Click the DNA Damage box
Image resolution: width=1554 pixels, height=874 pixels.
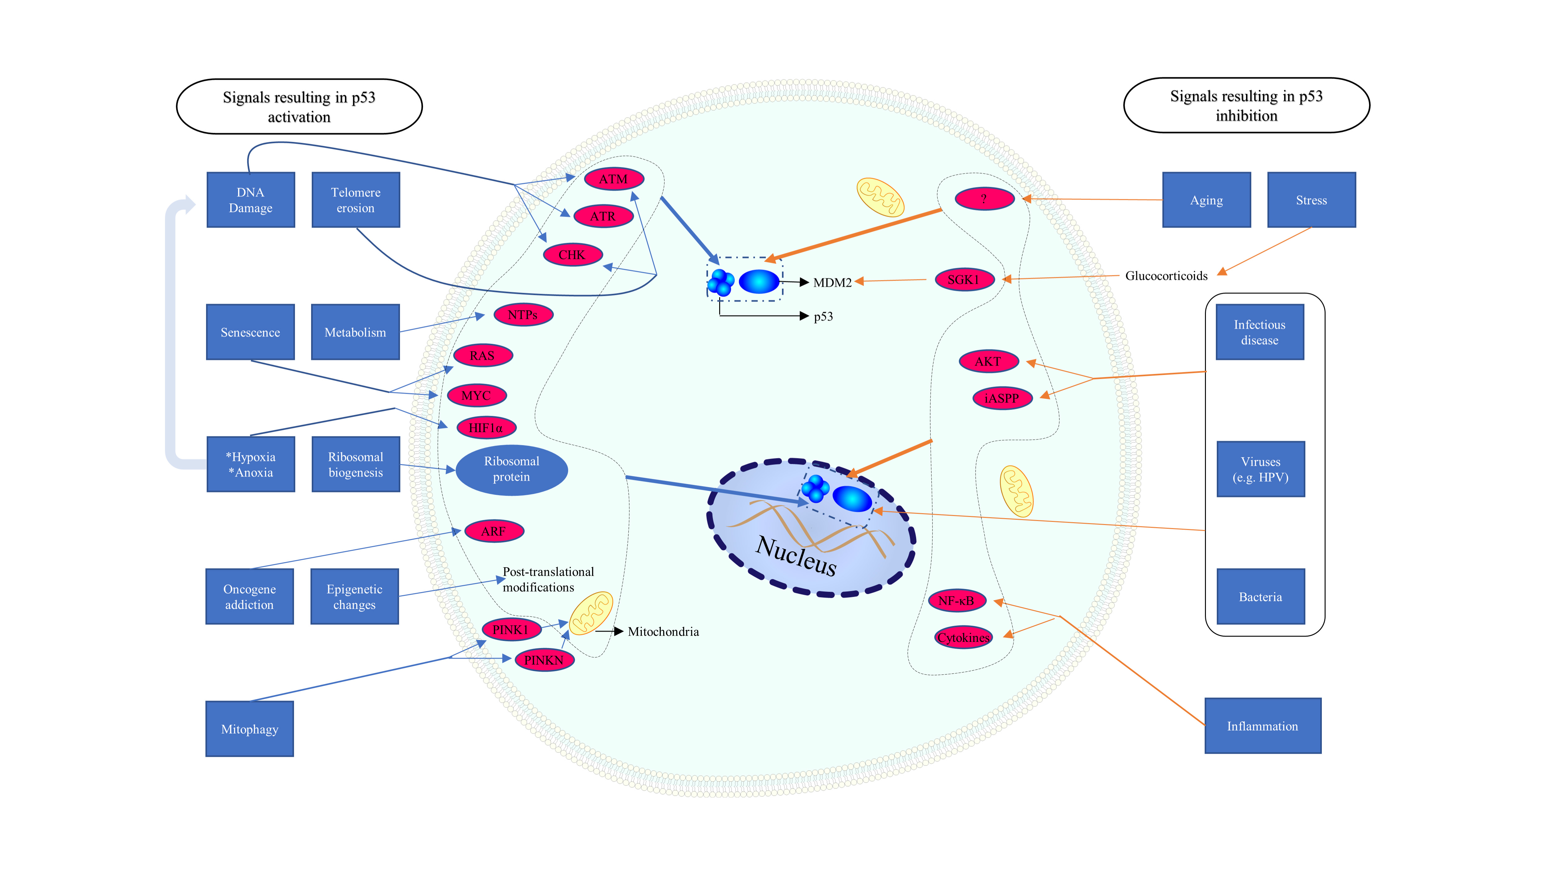(251, 200)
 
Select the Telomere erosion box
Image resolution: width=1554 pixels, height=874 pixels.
(355, 200)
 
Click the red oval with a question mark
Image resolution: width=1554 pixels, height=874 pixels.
(984, 198)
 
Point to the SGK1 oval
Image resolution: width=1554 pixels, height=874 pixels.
(963, 280)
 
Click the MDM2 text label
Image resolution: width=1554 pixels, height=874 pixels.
(832, 282)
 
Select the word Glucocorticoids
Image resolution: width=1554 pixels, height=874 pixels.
(1166, 276)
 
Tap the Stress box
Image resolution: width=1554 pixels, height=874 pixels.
(1311, 200)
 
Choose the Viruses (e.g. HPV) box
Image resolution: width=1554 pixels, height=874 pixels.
(1260, 469)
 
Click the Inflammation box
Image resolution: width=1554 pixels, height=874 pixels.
(1262, 726)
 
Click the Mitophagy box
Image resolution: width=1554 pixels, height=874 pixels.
(250, 729)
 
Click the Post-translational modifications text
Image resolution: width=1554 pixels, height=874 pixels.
(548, 579)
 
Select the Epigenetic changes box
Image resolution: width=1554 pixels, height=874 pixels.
(354, 596)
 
